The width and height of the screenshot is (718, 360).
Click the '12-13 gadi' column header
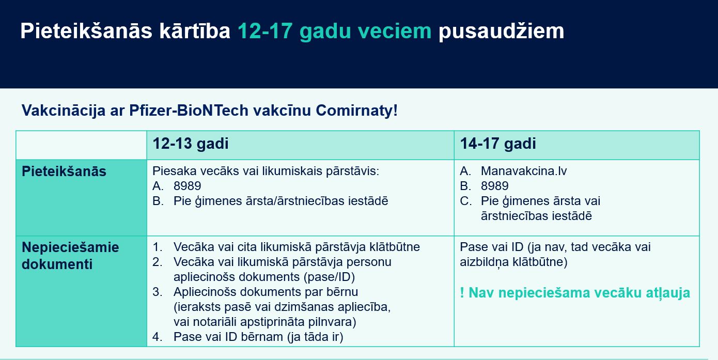point(191,144)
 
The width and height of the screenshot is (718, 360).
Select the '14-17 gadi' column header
point(498,144)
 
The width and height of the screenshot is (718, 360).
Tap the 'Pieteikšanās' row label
point(64,171)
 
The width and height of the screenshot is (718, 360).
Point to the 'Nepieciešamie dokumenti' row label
point(70,256)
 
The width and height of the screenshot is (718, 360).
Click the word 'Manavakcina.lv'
point(524,171)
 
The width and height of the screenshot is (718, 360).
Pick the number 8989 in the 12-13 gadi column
point(187,186)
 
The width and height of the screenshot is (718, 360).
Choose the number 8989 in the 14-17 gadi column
point(494,186)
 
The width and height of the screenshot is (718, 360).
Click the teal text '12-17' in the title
point(265,31)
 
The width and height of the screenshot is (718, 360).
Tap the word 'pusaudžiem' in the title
point(502,31)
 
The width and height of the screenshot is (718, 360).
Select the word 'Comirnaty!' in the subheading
point(356,111)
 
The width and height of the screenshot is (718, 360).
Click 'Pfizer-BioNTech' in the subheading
point(189,111)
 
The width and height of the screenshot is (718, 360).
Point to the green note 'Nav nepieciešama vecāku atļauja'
point(579,293)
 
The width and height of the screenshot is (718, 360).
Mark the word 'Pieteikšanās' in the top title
point(86,31)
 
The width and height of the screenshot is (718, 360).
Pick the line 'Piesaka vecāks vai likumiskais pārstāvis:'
point(266,171)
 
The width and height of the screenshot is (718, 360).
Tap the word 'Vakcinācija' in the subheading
point(64,111)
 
